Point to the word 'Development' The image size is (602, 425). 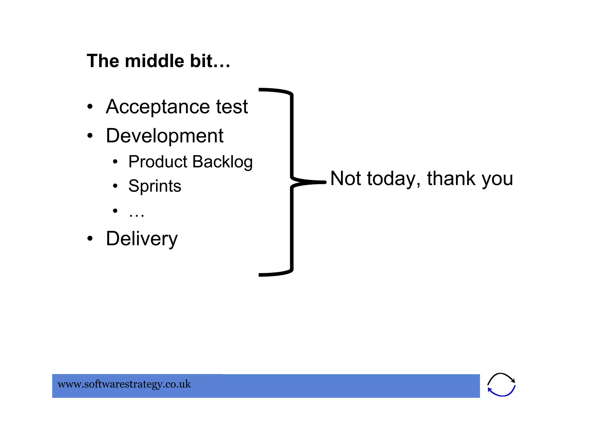pos(165,136)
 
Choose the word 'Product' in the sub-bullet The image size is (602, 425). pos(158,162)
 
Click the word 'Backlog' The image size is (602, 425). pos(223,162)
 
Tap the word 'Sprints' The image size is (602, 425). pos(155,186)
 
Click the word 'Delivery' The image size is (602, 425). pos(142,238)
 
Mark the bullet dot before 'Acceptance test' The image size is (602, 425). pos(90,107)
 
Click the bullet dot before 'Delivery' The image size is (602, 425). pos(90,238)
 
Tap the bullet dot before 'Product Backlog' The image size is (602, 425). pos(115,162)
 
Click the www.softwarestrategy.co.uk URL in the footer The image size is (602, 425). pos(124,384)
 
